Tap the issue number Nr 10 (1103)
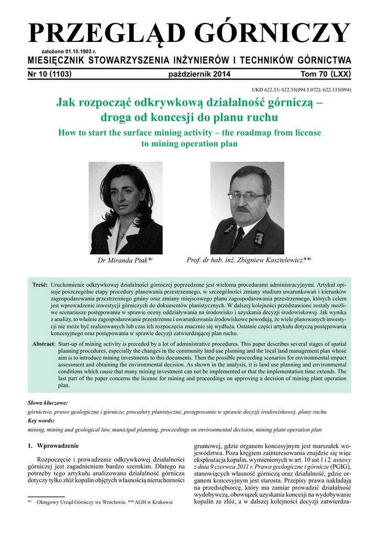click(x=49, y=74)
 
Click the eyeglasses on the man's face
click(x=247, y=196)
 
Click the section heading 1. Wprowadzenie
click(x=53, y=445)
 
